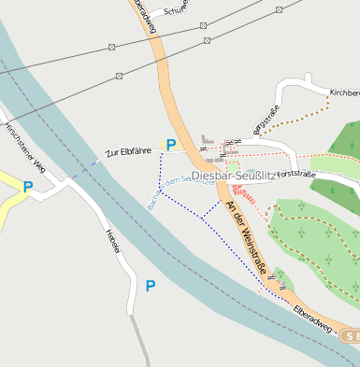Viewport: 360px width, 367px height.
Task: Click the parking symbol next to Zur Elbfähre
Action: (170, 145)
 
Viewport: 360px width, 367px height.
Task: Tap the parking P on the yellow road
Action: (28, 187)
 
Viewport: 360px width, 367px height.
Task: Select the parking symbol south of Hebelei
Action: (151, 286)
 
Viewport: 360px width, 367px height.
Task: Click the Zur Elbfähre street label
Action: (129, 150)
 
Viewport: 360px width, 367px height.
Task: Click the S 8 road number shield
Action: (350, 335)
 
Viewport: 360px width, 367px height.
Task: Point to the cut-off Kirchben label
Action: (343, 93)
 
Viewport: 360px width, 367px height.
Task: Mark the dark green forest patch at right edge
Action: (344, 140)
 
